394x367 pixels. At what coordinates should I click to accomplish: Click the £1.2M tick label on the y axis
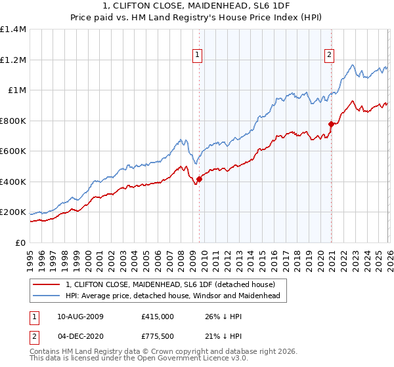[12, 60]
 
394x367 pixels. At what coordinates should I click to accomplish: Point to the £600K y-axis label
[12, 151]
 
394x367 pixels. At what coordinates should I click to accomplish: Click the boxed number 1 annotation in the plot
[198, 56]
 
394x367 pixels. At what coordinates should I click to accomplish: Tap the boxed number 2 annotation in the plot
[329, 56]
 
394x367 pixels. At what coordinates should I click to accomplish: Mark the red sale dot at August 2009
[199, 180]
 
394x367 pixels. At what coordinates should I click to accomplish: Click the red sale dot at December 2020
[331, 124]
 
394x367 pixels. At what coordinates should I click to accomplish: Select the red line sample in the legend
[45, 284]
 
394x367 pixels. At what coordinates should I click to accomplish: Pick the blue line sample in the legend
[45, 296]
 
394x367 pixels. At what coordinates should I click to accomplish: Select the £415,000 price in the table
[157, 316]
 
